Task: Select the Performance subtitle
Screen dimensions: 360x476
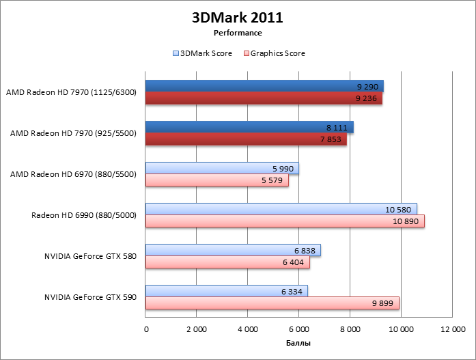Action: pyautogui.click(x=238, y=32)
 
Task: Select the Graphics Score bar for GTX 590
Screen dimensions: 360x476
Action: pyautogui.click(x=272, y=303)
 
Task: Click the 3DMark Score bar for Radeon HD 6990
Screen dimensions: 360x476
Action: pyautogui.click(x=281, y=209)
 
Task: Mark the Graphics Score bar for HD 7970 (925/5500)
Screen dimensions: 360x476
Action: pyautogui.click(x=246, y=139)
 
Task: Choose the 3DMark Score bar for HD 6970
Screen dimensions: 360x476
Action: pyautogui.click(x=222, y=168)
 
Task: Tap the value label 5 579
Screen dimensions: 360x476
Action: pyautogui.click(x=271, y=180)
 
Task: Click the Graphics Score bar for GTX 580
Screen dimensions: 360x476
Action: pyautogui.click(x=227, y=262)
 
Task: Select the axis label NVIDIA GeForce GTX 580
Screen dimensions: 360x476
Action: pyautogui.click(x=91, y=256)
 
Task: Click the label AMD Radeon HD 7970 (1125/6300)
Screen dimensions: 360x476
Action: pyautogui.click(x=71, y=92)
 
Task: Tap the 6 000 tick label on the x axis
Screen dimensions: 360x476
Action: pyautogui.click(x=298, y=329)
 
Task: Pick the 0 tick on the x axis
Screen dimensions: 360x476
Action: pyautogui.click(x=146, y=329)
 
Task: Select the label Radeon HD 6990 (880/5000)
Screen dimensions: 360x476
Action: pyautogui.click(x=84, y=215)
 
